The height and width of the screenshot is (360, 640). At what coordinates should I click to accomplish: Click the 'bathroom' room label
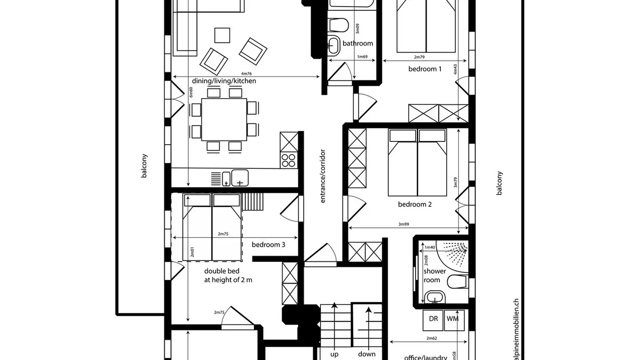coord(357,44)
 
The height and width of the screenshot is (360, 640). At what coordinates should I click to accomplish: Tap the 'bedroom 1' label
coord(425,69)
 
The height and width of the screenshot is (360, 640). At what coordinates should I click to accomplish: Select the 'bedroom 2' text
coord(415,204)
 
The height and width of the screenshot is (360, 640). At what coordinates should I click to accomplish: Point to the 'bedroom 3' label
coord(268,244)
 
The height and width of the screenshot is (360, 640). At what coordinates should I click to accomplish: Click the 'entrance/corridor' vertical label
coord(323,176)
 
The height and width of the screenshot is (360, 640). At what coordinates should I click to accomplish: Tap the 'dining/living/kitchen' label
coord(224,81)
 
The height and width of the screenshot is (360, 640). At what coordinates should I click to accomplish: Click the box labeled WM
coord(452,319)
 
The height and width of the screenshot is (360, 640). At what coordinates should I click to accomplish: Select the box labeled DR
coord(433,319)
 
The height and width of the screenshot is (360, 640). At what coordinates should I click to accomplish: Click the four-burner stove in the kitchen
coord(289,160)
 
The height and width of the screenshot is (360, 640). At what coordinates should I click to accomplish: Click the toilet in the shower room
coord(456,281)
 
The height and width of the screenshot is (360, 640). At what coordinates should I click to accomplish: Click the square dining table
coord(224,120)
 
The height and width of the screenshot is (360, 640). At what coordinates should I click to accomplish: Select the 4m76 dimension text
coord(246,74)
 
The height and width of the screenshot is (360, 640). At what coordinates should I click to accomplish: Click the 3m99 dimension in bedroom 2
coord(404,224)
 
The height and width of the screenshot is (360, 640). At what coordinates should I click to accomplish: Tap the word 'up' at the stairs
coord(334,354)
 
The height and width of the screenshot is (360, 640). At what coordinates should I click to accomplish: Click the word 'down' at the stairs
coord(367,354)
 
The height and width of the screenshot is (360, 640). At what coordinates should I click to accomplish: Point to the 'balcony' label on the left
coord(144,166)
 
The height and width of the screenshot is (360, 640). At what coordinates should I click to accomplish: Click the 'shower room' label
coord(434,276)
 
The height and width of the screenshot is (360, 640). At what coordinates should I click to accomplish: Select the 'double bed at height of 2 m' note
coord(228,276)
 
